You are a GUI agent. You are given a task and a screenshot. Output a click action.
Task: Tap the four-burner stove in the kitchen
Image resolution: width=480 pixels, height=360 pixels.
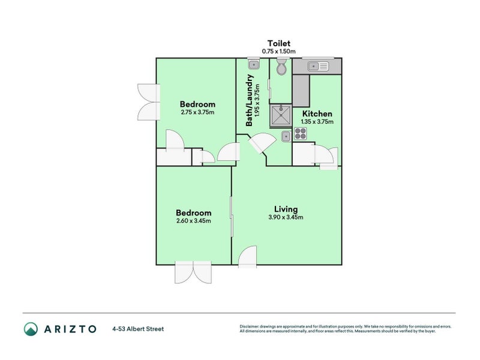pyautogui.click(x=300, y=135)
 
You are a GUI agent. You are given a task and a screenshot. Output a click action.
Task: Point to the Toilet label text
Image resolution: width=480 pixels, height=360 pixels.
pyautogui.click(x=280, y=43)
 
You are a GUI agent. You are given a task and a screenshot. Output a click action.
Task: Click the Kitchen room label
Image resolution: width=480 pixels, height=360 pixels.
pyautogui.click(x=317, y=113)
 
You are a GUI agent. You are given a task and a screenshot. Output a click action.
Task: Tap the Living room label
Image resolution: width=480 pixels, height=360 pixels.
pyautogui.click(x=283, y=209)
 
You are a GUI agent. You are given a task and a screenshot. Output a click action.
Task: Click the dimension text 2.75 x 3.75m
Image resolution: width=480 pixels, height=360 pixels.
pyautogui.click(x=197, y=112)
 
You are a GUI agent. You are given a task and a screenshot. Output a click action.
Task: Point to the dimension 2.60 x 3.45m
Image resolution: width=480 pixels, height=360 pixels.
pyautogui.click(x=193, y=220)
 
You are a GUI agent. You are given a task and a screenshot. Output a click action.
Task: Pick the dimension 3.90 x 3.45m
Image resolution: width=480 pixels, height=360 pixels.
pyautogui.click(x=283, y=217)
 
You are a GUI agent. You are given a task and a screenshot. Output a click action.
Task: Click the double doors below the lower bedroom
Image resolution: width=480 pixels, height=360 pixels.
pyautogui.click(x=193, y=273)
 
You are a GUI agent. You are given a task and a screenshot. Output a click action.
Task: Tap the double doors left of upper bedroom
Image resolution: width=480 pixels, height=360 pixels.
pyautogui.click(x=147, y=101)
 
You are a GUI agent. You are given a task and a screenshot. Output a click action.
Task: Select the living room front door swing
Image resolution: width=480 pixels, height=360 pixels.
pyautogui.click(x=247, y=257)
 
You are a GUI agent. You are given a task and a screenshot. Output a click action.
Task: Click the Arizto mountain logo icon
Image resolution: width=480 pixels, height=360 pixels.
pyautogui.click(x=31, y=329)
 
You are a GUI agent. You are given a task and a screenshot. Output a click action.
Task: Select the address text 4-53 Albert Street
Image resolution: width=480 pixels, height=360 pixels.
pyautogui.click(x=137, y=329)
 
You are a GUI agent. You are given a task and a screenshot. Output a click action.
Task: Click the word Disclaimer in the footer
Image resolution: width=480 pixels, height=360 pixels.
pyautogui.click(x=250, y=326)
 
